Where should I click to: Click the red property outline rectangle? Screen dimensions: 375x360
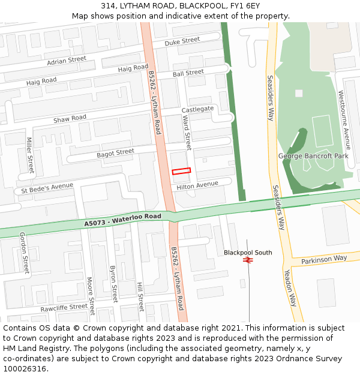181,171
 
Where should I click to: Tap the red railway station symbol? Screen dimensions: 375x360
247,260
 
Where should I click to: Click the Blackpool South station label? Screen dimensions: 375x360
248,253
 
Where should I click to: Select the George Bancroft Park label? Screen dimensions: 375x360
313,156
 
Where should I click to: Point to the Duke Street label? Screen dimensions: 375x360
182,41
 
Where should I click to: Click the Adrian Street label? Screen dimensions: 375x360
67,61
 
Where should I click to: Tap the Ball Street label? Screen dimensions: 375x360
188,73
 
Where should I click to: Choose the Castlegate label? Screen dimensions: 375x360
197,109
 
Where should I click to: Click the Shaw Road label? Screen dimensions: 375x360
70,119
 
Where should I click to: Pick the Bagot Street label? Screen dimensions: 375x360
115,153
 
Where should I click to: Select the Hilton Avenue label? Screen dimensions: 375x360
197,185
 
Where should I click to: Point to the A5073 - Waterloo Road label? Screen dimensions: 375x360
122,220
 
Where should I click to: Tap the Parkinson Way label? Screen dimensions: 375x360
324,259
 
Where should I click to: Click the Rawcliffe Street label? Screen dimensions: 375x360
64,308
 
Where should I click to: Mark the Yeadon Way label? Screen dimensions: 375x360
290,287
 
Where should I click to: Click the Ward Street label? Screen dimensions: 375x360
187,133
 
